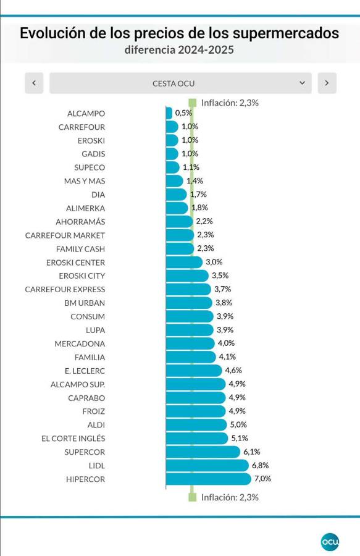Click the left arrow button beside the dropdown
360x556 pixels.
point(34,83)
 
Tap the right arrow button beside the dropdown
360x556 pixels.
point(327,83)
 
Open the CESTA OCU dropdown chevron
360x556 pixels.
point(302,83)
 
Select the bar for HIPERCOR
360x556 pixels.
point(208,479)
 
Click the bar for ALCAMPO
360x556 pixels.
point(169,114)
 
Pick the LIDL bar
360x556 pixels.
point(207,466)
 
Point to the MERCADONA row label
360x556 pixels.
point(80,343)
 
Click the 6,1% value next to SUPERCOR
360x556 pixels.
point(251,452)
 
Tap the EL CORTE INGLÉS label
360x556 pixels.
point(73,438)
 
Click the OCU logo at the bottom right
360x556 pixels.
point(330,542)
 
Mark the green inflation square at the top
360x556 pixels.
point(193,103)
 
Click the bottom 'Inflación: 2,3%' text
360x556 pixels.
point(230,497)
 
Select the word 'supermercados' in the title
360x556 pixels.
point(285,33)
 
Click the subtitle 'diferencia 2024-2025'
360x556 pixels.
point(179,49)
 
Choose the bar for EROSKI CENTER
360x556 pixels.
point(184,263)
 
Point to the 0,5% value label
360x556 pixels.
point(183,113)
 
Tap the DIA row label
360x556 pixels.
point(98,195)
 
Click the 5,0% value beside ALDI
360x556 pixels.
point(238,424)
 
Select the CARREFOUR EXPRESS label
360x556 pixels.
point(65,289)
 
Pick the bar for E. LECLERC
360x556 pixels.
point(194,371)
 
